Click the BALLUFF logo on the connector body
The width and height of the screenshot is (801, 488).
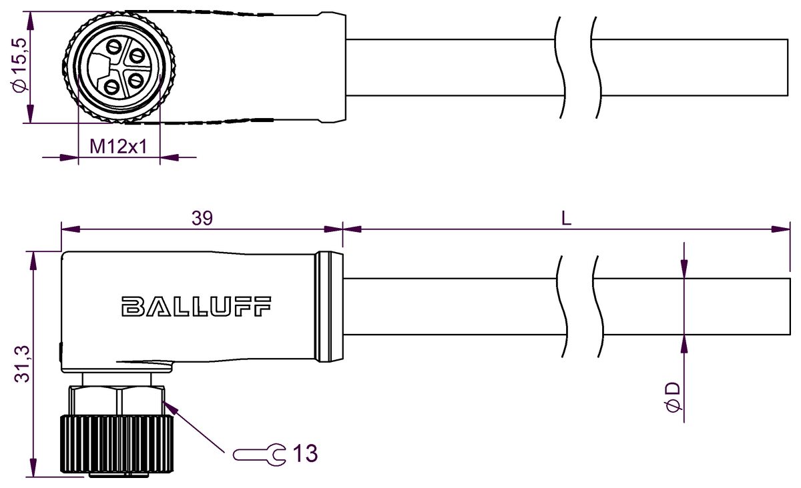pos(196,307)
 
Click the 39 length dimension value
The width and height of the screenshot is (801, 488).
pos(202,219)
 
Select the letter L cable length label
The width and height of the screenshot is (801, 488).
pos(566,219)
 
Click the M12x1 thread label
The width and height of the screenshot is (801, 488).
pos(119,146)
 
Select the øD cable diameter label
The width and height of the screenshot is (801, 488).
pos(673,397)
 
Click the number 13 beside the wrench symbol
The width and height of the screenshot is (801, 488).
pos(304,455)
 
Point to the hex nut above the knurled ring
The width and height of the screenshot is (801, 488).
pos(117,401)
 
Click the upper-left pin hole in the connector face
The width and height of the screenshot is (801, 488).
pos(114,48)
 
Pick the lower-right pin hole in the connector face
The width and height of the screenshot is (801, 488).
pos(136,81)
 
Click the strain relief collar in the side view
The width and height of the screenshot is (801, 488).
pos(330,307)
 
